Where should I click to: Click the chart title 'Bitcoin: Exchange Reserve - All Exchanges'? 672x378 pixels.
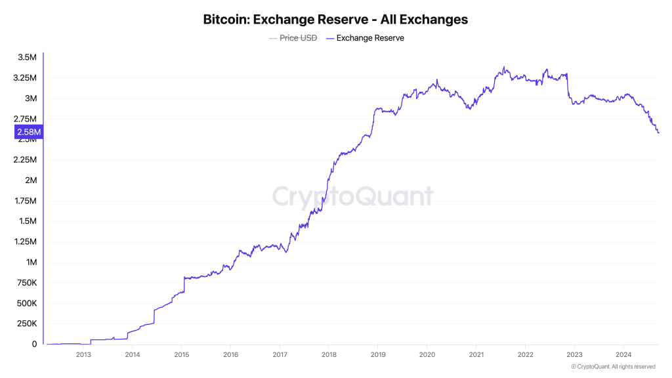pyautogui.click(x=336, y=19)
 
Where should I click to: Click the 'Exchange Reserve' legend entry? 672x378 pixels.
pyautogui.click(x=370, y=38)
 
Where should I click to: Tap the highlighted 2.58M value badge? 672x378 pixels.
pyautogui.click(x=29, y=132)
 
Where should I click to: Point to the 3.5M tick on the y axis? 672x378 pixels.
pyautogui.click(x=27, y=58)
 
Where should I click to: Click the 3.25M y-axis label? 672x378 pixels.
pyautogui.click(x=25, y=78)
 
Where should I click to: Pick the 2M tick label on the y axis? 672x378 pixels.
pyautogui.click(x=31, y=180)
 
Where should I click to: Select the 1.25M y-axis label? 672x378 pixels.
pyautogui.click(x=25, y=241)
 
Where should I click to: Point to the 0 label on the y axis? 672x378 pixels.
pyautogui.click(x=33, y=344)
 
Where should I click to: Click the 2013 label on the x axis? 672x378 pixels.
pyautogui.click(x=83, y=355)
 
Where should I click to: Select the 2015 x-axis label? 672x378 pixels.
pyautogui.click(x=181, y=355)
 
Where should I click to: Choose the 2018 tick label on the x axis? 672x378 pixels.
pyautogui.click(x=328, y=355)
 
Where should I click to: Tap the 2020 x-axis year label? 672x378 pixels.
pyautogui.click(x=427, y=355)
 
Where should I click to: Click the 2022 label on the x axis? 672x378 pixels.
pyautogui.click(x=525, y=355)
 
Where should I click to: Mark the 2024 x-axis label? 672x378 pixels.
pyautogui.click(x=623, y=355)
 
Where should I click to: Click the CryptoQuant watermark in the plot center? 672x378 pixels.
pyautogui.click(x=352, y=196)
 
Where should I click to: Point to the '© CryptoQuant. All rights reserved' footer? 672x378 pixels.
pyautogui.click(x=613, y=367)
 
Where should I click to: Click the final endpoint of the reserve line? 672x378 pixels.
pyautogui.click(x=658, y=133)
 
